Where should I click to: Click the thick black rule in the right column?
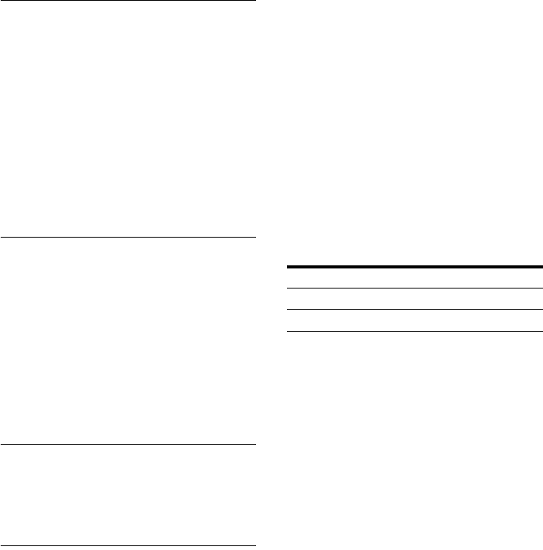point(415,267)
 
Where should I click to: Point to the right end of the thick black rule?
point(541,267)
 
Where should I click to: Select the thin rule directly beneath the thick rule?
point(415,288)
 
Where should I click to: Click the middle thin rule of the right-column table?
point(415,309)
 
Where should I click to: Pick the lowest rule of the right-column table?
point(415,331)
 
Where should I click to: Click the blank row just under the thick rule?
point(415,278)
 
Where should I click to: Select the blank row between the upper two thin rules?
point(415,299)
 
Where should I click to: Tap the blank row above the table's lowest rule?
point(415,320)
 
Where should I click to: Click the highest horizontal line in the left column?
point(127,1)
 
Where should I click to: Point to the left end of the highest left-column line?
point(1,1)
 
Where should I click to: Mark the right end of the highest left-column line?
point(254,1)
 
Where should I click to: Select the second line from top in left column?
point(127,237)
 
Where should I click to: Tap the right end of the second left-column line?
point(254,237)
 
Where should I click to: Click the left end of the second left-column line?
point(1,237)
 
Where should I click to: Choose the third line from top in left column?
point(127,444)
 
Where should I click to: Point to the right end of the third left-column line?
point(254,444)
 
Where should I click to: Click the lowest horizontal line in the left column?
point(127,547)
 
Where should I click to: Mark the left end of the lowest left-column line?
point(1,547)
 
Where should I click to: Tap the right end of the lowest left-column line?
point(254,547)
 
